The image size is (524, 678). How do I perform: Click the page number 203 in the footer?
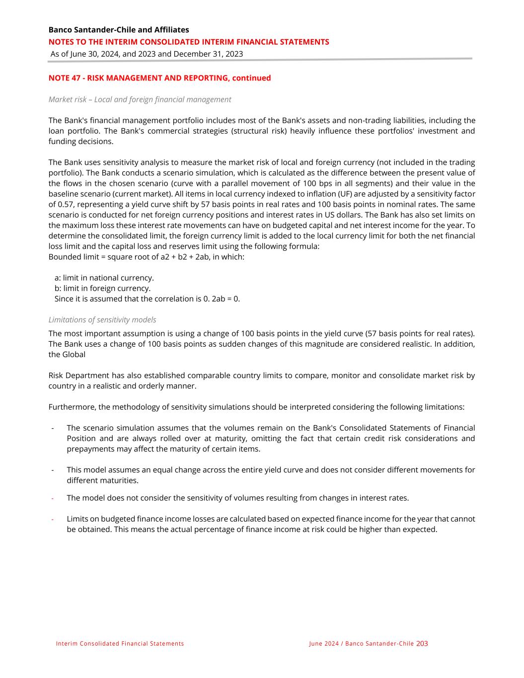422,643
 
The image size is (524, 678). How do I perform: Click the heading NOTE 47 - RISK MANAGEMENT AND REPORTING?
159,78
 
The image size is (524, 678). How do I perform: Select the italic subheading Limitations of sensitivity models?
102,320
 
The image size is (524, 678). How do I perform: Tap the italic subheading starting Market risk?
140,99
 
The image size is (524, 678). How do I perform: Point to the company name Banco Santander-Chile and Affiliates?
119,30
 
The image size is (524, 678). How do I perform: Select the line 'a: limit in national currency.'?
104,278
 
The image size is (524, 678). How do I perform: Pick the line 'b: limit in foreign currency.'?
102,288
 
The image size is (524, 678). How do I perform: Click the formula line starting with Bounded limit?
146,257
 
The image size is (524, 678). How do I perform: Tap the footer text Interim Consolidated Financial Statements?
120,644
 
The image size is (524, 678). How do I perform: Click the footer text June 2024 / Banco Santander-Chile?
361,644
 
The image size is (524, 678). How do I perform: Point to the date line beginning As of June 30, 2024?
147,54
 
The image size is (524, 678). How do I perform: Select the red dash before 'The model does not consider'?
52,498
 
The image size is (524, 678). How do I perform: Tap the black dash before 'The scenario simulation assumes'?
52,428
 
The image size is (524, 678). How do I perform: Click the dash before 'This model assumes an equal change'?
52,470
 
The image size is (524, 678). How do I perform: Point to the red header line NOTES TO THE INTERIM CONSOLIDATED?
189,42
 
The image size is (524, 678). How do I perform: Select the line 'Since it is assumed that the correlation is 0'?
147,299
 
